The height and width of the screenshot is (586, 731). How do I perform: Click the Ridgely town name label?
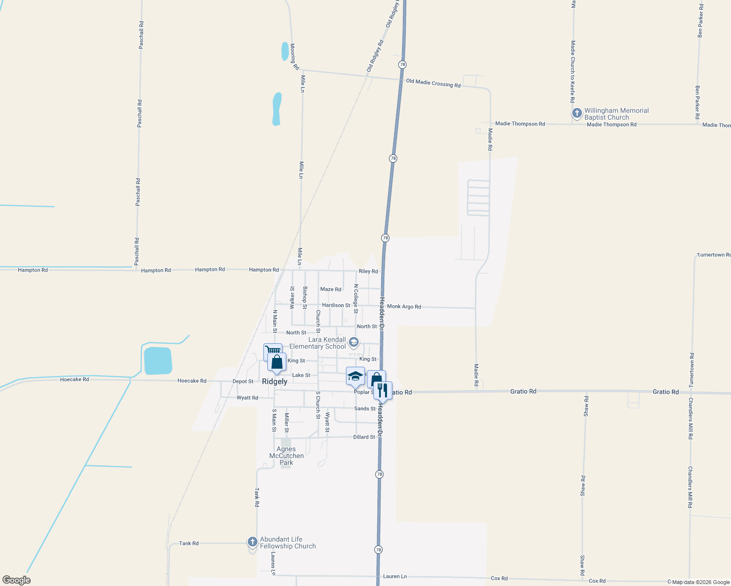coord(275,381)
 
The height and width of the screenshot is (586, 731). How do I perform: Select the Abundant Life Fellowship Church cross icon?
coord(252,542)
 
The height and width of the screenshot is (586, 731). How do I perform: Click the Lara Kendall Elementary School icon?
coord(354,342)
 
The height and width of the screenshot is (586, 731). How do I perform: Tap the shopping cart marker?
coord(272,351)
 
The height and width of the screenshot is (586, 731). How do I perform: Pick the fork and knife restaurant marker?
coord(383,390)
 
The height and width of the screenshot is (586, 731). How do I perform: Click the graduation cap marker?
coord(355,376)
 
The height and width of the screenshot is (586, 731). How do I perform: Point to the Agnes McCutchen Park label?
coord(286,456)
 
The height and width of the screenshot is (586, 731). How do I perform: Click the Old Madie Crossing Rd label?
coord(433,84)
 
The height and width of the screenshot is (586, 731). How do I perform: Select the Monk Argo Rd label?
coord(404,307)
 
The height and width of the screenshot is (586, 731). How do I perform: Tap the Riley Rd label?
coord(368,272)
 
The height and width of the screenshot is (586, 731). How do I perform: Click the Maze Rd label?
coord(330,290)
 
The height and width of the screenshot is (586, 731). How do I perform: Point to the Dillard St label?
coord(364,437)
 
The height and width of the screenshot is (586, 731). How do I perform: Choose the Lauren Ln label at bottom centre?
coord(394,577)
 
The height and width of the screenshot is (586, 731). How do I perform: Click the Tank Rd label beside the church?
coord(189,544)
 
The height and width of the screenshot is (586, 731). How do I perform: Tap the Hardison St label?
coord(336,305)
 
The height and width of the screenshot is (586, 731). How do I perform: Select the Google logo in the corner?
coord(17,580)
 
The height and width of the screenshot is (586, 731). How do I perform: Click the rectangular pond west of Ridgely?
coord(158,361)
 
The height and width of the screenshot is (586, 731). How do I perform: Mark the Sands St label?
coord(365,409)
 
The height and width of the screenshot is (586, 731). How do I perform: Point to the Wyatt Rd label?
coord(247,398)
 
